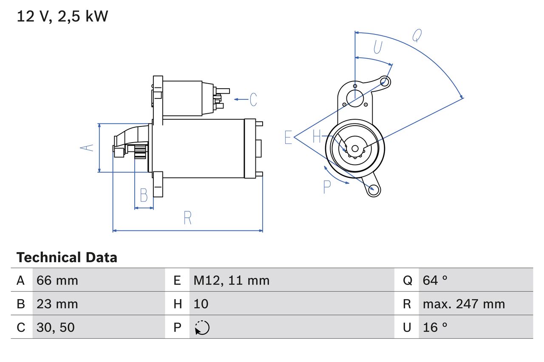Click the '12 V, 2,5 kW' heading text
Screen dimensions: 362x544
[62, 17]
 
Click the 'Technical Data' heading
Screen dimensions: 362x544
[67, 258]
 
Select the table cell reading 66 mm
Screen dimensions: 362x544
[57, 280]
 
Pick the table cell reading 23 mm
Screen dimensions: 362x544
[57, 304]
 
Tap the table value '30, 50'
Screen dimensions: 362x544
[56, 327]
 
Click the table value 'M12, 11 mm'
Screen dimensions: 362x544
[232, 280]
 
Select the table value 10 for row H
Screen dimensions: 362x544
[201, 304]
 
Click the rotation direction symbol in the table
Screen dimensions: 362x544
[202, 328]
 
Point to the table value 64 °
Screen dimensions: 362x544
[435, 280]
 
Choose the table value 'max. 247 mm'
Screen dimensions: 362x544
[464, 304]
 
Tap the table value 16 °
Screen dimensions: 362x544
[435, 327]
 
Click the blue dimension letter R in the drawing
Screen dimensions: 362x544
[188, 218]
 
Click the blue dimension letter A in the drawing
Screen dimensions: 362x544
[87, 148]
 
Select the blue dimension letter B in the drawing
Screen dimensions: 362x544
[144, 196]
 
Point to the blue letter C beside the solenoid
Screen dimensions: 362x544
[253, 99]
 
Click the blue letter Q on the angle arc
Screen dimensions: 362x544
[417, 36]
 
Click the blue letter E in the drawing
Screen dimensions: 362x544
[289, 138]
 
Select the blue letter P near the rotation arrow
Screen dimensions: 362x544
[327, 187]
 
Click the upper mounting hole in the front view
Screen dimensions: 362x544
[385, 81]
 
